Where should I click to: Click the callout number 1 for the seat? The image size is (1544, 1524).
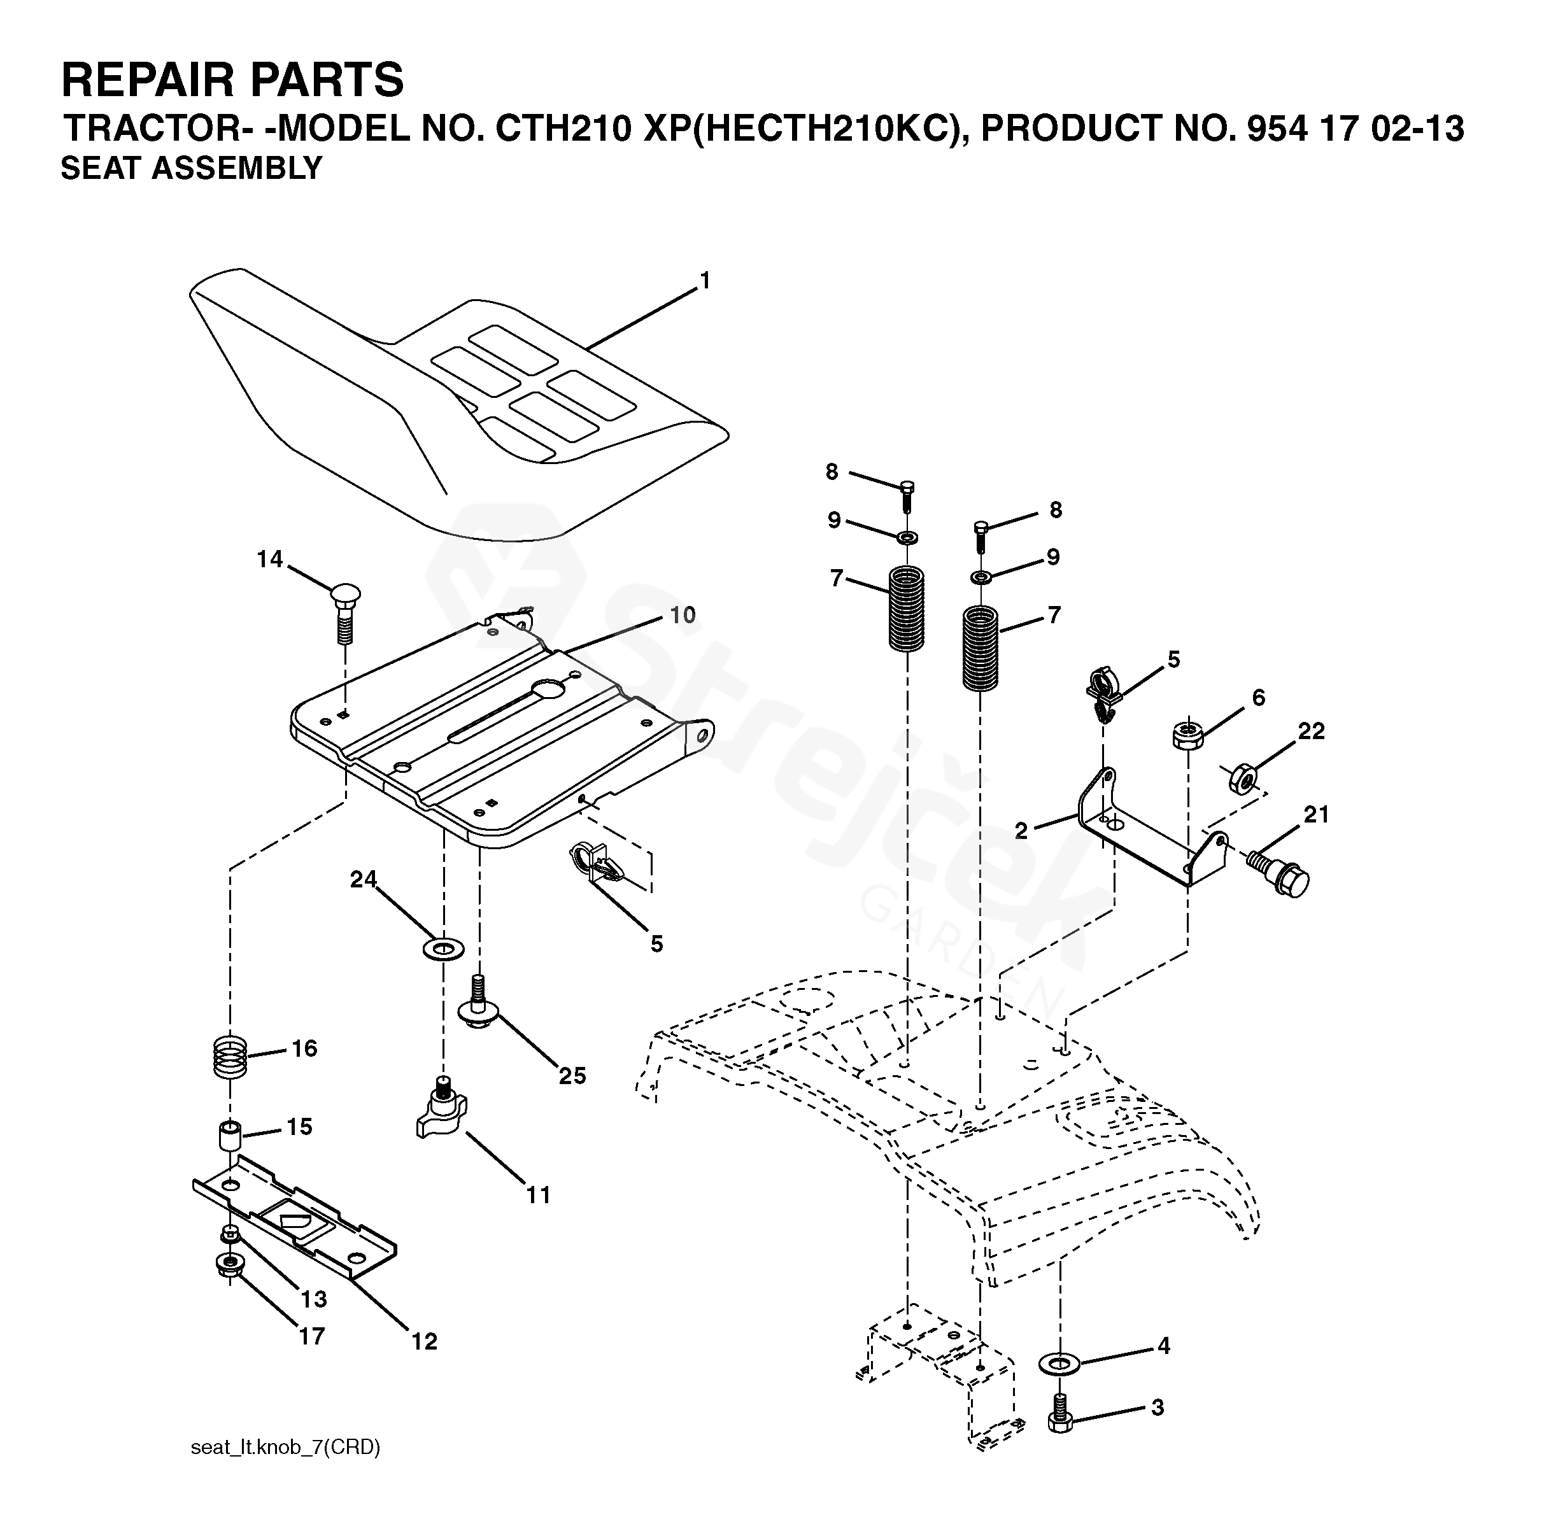(704, 281)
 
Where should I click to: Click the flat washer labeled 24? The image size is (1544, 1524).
(443, 949)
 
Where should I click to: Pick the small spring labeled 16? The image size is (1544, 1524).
(230, 1057)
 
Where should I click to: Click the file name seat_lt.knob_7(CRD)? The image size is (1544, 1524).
(285, 1447)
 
